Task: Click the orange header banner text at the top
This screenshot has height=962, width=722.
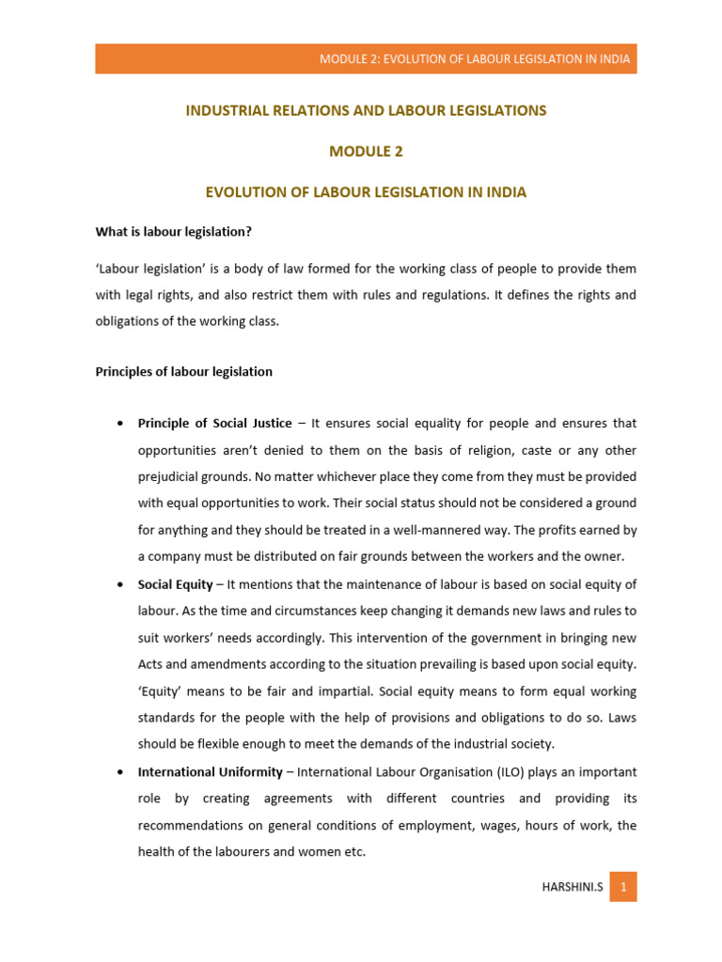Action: point(474,58)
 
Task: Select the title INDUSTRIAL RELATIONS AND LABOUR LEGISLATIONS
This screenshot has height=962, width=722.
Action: point(366,111)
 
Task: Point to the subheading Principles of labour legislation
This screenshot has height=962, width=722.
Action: point(184,371)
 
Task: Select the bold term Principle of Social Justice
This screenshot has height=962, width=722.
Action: point(214,424)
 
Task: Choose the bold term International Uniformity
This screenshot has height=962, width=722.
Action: point(210,772)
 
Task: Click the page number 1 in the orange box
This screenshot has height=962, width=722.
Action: point(622,887)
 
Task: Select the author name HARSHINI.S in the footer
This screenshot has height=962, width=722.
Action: point(570,887)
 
